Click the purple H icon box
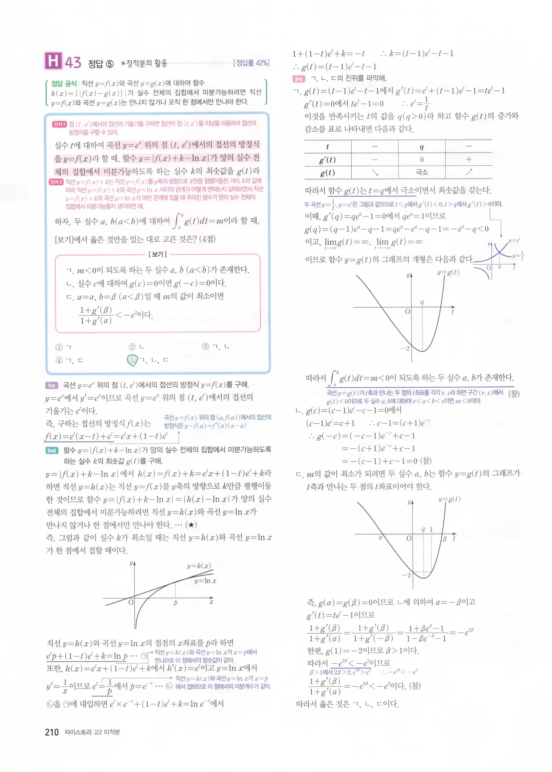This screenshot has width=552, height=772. [x=53, y=61]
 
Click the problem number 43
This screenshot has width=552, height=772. [x=73, y=62]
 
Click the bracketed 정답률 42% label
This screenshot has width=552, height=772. [x=251, y=63]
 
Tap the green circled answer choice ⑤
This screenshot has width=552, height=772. [x=132, y=360]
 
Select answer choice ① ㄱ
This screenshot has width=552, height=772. [x=63, y=347]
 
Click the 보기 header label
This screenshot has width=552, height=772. [x=158, y=254]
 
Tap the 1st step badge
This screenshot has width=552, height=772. [x=52, y=385]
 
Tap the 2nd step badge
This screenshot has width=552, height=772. [x=52, y=450]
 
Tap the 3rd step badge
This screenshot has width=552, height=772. [x=298, y=78]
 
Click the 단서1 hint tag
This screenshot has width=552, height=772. [x=59, y=124]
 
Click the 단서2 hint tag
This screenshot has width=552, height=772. [x=56, y=182]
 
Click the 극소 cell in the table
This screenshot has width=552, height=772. [x=421, y=172]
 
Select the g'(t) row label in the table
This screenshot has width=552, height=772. [x=327, y=159]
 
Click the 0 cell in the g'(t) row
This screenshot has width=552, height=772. [x=422, y=159]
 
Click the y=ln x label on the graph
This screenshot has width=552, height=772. [x=205, y=581]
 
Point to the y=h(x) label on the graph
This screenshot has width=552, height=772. [x=199, y=566]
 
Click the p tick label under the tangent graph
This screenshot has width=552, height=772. [x=175, y=603]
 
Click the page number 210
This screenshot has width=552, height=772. [x=52, y=732]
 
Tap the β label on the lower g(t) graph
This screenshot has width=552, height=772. [x=444, y=539]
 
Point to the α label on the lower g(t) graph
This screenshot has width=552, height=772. [x=380, y=537]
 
